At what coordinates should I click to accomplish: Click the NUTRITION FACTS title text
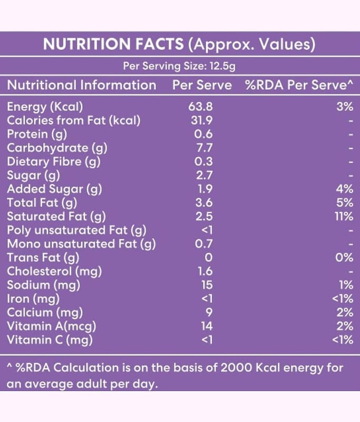[x=113, y=44]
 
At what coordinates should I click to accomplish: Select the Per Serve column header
[x=202, y=85]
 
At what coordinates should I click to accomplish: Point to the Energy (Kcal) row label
[x=45, y=107]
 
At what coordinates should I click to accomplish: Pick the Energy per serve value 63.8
[x=201, y=107]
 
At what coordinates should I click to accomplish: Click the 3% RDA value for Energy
[x=344, y=107]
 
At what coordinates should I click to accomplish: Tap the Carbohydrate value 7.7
[x=203, y=148]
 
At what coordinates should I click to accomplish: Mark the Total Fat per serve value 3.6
[x=203, y=203]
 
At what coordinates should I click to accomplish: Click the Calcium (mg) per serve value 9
[x=209, y=313]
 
